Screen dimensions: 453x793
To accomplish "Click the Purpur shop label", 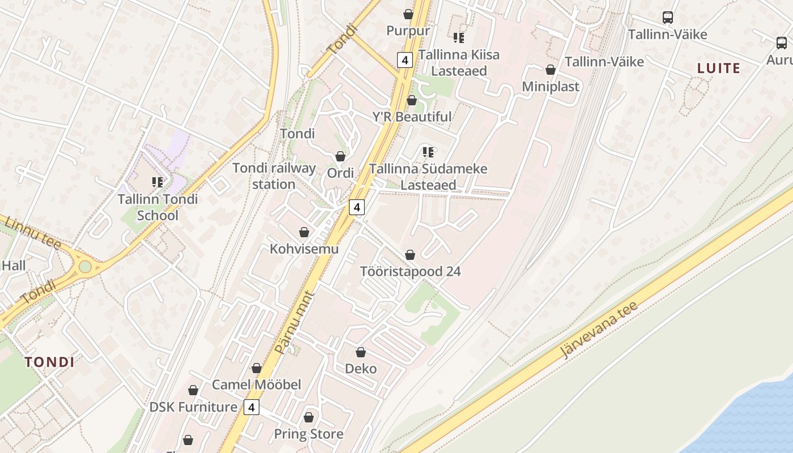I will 408,30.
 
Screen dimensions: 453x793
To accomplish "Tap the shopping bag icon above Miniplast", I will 550,70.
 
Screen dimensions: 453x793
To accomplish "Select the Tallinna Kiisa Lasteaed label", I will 459,62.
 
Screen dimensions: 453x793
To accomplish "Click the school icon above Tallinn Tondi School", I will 157,182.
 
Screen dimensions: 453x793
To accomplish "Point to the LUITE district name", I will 719,69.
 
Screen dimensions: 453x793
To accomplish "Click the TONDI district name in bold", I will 49,362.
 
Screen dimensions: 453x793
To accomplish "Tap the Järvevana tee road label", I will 599,330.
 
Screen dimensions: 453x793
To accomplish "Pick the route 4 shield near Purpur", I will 404,59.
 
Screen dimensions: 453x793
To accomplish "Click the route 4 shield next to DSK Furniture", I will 251,407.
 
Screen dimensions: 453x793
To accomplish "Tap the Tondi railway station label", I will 274,176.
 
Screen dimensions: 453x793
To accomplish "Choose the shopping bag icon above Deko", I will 361,352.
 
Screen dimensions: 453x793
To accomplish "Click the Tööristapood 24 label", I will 411,271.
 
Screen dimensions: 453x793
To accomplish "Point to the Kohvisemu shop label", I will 304,249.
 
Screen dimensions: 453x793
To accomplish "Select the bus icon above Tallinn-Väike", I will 668,18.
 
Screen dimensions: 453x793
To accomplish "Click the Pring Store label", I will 309,434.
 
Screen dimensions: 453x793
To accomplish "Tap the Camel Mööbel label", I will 256,384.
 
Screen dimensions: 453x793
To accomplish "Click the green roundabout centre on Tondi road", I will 85,266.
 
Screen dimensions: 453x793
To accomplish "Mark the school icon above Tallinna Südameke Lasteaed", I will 428,152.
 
